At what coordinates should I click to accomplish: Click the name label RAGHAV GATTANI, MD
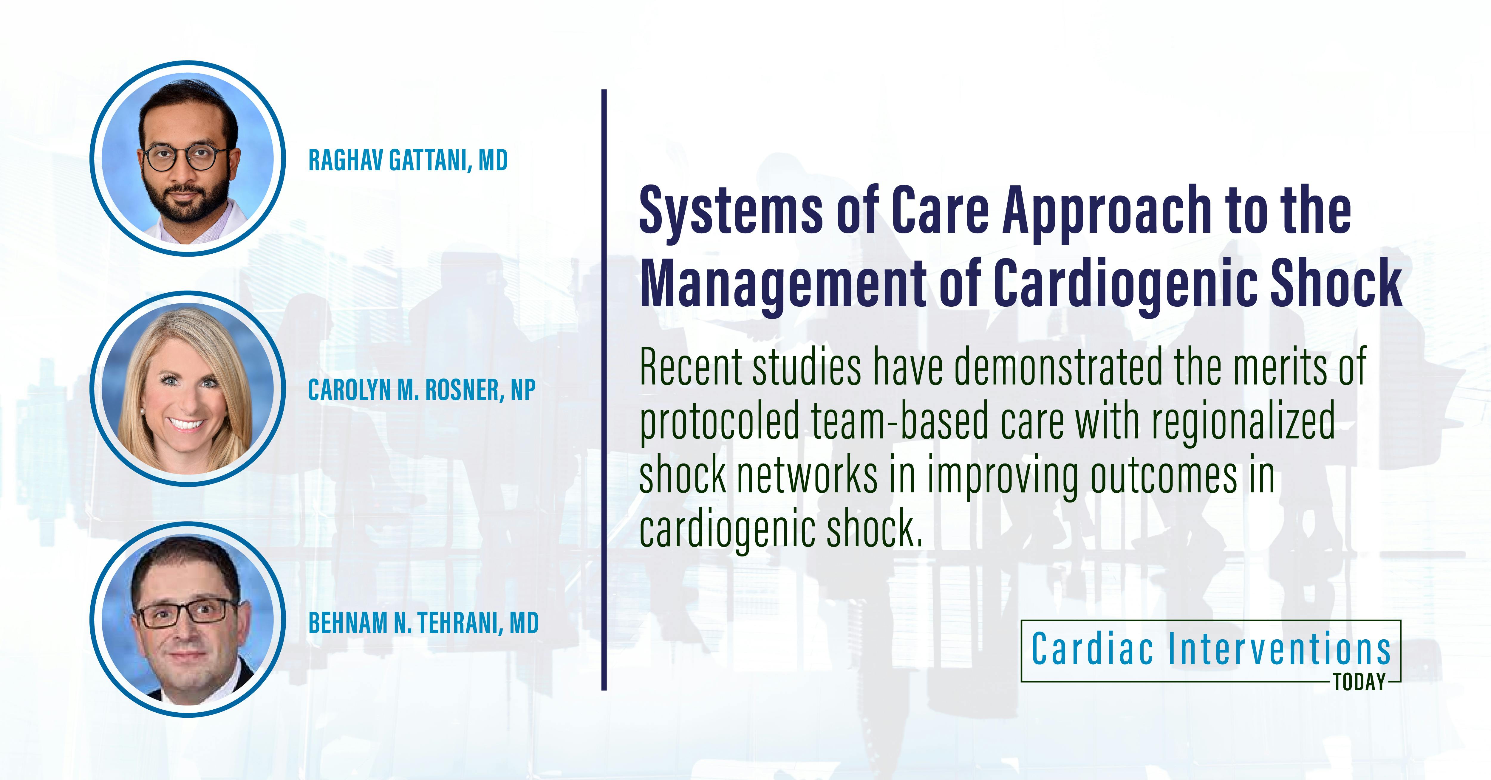407,160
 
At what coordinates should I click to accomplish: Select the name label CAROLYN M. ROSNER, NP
421,390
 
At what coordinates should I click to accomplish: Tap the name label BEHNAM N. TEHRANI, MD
423,623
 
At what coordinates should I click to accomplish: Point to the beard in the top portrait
185,205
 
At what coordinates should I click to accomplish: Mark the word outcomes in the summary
1163,476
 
